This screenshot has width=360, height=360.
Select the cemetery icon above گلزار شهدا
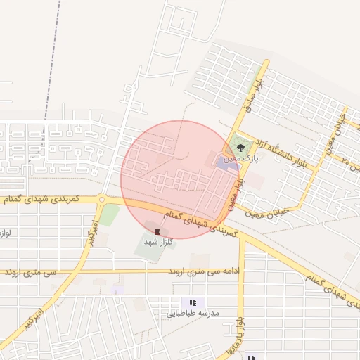click(x=156, y=231)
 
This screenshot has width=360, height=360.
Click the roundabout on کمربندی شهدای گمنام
click(x=103, y=200)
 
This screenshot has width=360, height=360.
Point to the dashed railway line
click(x=49, y=70)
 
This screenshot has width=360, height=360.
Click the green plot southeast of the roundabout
click(x=109, y=214)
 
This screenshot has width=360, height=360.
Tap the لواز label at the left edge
click(x=4, y=231)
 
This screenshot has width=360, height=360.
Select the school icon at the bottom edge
click(x=251, y=357)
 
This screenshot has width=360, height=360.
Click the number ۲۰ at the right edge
click(x=345, y=161)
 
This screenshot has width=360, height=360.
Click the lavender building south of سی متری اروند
click(x=117, y=289)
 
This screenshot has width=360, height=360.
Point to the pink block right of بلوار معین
click(x=255, y=181)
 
